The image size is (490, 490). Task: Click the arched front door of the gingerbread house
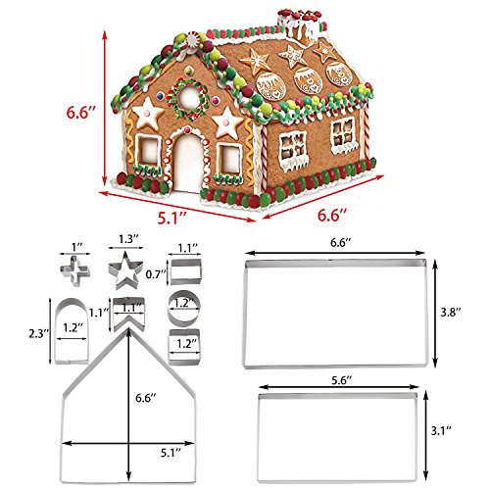click(x=187, y=165)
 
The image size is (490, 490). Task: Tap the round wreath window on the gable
click(x=189, y=98)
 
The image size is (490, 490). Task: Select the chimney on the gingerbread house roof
click(x=300, y=27)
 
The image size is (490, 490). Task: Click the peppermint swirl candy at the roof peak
click(x=193, y=40)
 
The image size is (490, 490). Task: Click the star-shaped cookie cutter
click(x=125, y=270)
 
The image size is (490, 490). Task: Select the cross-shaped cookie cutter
click(x=75, y=271)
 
